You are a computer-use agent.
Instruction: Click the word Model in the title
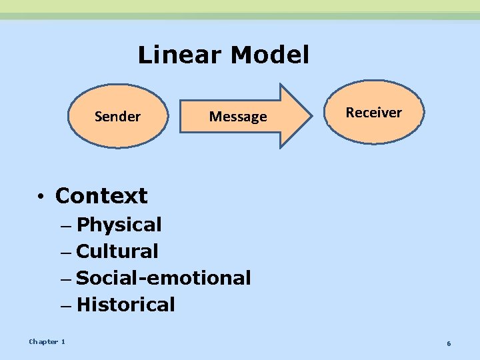click(x=269, y=55)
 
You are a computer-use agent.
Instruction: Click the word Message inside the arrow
click(x=238, y=117)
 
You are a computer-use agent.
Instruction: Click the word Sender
click(x=118, y=117)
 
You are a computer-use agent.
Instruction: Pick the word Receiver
click(x=374, y=113)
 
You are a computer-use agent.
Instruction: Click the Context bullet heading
click(x=101, y=196)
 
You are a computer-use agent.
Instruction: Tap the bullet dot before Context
click(x=41, y=197)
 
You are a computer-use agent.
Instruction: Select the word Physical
click(x=119, y=225)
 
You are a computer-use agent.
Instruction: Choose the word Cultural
click(x=117, y=252)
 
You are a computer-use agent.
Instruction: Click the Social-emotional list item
click(x=164, y=278)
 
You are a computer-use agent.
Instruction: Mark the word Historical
click(x=126, y=305)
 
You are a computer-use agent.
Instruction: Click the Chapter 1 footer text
click(x=47, y=342)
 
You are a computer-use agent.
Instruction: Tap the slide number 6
click(x=449, y=343)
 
